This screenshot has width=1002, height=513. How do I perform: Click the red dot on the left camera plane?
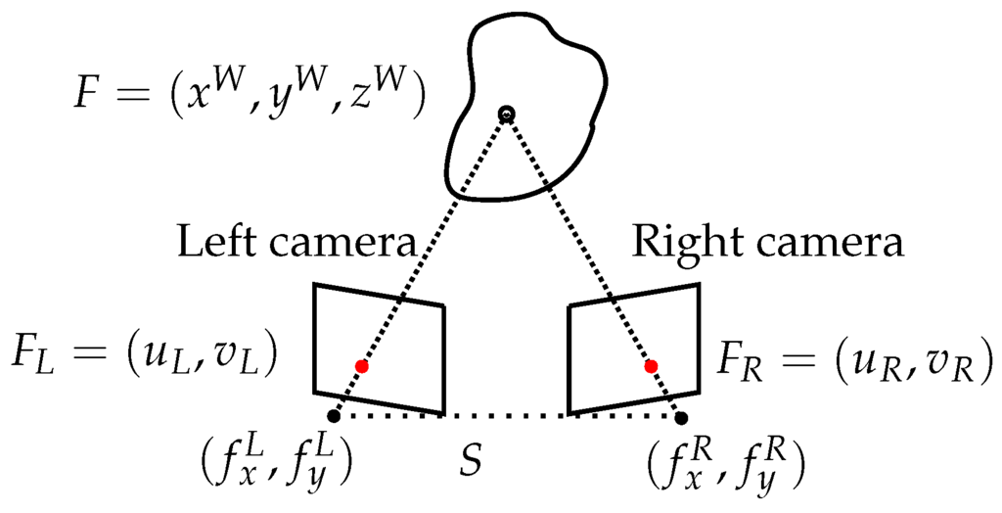(362, 366)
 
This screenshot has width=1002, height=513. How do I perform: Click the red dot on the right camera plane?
(651, 366)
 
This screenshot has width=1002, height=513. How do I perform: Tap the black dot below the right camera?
(680, 416)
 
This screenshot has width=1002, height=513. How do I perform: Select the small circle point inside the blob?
(505, 115)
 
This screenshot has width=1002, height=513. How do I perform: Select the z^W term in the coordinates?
(371, 102)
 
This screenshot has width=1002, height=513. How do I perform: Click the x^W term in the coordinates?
(214, 102)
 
